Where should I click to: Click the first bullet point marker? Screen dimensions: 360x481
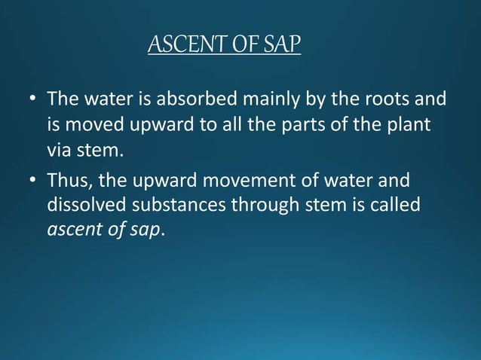click(x=32, y=100)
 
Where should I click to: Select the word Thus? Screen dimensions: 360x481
click(x=66, y=182)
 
